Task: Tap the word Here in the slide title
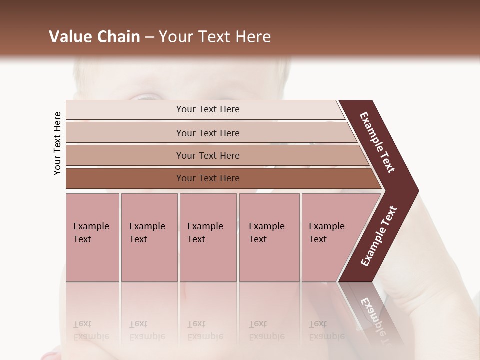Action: point(252,37)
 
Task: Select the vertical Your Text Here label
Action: point(57,144)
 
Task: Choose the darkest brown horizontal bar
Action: point(220,178)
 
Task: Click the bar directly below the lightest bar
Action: point(210,133)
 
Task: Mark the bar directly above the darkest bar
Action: point(215,156)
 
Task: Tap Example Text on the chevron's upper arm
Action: point(378,142)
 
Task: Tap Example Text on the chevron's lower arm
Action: point(379,236)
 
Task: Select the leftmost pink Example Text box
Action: point(92,237)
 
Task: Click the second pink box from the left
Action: point(149,237)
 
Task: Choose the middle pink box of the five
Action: point(208,237)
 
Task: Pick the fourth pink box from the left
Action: point(269,237)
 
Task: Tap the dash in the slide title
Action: point(149,37)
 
